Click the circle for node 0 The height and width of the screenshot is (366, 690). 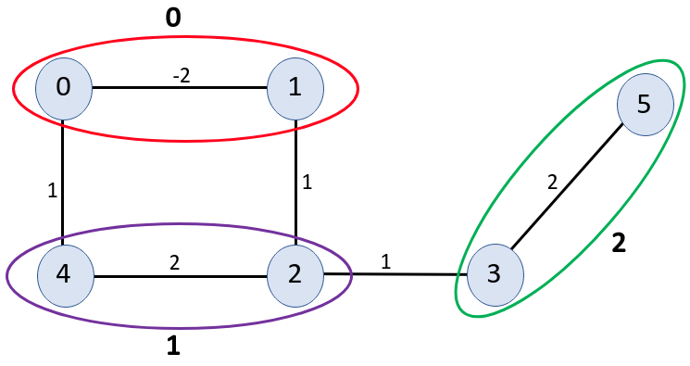(62, 89)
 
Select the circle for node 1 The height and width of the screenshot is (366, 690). (295, 89)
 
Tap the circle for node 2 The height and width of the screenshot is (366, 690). (295, 274)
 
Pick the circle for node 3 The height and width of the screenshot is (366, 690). (493, 275)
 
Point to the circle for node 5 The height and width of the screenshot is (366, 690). (644, 102)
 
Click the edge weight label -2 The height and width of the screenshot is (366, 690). (182, 76)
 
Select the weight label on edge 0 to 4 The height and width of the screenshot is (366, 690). (53, 192)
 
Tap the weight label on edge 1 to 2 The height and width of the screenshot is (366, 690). (307, 183)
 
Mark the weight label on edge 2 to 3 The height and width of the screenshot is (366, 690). (386, 262)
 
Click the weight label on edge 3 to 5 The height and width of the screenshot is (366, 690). (552, 183)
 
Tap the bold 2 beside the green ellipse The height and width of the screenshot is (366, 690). (619, 244)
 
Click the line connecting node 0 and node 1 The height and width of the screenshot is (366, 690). (139, 89)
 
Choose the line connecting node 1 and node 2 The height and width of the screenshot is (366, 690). (295, 213)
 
